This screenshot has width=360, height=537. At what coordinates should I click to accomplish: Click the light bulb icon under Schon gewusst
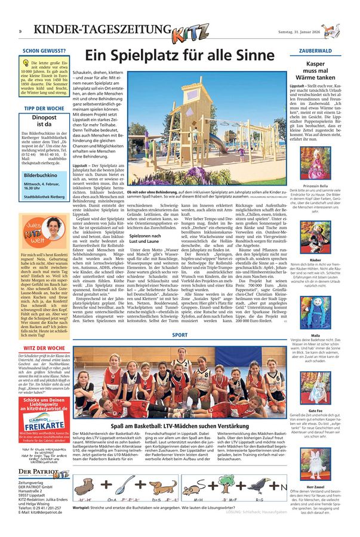click(27, 64)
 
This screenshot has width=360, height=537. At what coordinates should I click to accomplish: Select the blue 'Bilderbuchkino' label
click(41, 177)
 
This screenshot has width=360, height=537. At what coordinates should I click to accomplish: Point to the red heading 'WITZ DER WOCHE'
click(44, 348)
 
